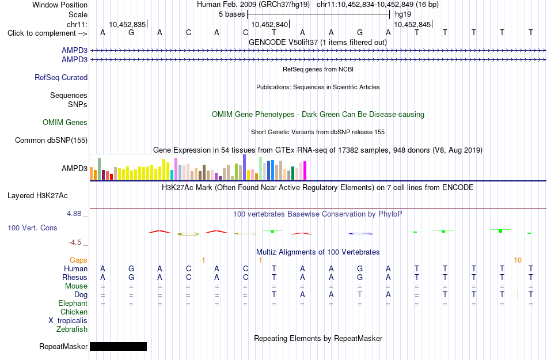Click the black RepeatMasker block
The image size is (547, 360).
pyautogui.click(x=118, y=346)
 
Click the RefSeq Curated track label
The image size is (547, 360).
pyautogui.click(x=61, y=77)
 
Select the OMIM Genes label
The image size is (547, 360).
pyautogui.click(x=65, y=123)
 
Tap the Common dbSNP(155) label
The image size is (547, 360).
pyautogui.click(x=51, y=140)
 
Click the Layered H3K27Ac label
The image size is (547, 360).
pyautogui.click(x=37, y=196)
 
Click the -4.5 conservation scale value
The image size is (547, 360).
pyautogui.click(x=75, y=242)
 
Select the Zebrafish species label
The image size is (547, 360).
pyautogui.click(x=72, y=329)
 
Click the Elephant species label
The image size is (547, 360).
pyautogui.click(x=73, y=304)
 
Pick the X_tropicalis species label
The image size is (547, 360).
pyautogui.click(x=68, y=321)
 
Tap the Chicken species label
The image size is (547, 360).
pyautogui.click(x=74, y=312)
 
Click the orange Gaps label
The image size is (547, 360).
pyautogui.click(x=78, y=260)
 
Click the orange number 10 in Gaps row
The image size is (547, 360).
pyautogui.click(x=518, y=260)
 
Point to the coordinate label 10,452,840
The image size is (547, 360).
pyautogui.click(x=269, y=24)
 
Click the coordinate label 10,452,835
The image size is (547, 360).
pyautogui.click(x=127, y=24)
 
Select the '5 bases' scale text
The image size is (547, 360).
pyautogui.click(x=232, y=14)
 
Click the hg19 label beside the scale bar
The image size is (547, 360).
pyautogui.click(x=403, y=14)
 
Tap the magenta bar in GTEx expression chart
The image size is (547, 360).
pyautogui.click(x=305, y=170)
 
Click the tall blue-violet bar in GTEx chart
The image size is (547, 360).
pyautogui.click(x=245, y=167)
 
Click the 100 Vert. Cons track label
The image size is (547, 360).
pyautogui.click(x=32, y=228)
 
